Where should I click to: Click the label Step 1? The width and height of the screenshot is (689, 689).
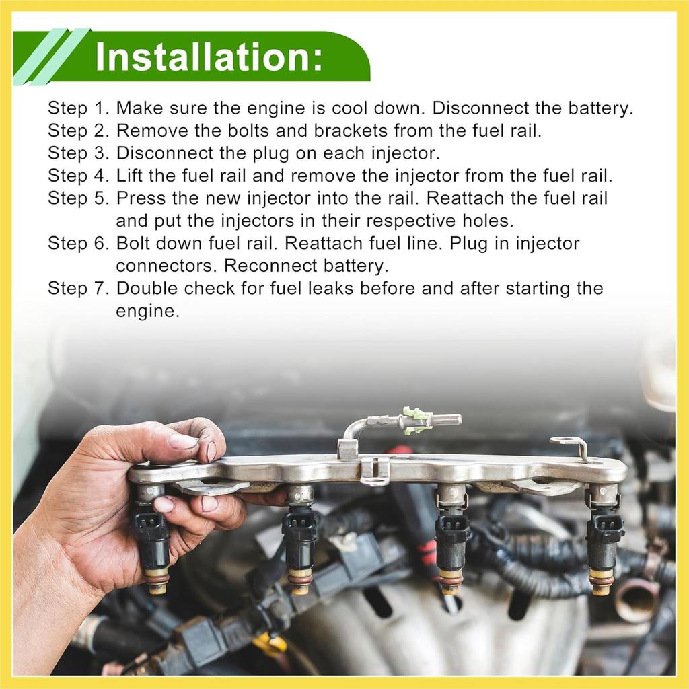pos(78,108)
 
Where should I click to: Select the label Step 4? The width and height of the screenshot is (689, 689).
pos(78,176)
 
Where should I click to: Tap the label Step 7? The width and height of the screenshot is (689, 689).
pos(78,289)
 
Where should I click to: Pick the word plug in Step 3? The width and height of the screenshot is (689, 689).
pos(270,154)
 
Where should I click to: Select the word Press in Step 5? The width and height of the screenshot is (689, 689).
pos(141,198)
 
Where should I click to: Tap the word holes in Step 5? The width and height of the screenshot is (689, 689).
pos(488,221)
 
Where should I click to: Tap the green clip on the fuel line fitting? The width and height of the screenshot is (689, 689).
pos(413,419)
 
